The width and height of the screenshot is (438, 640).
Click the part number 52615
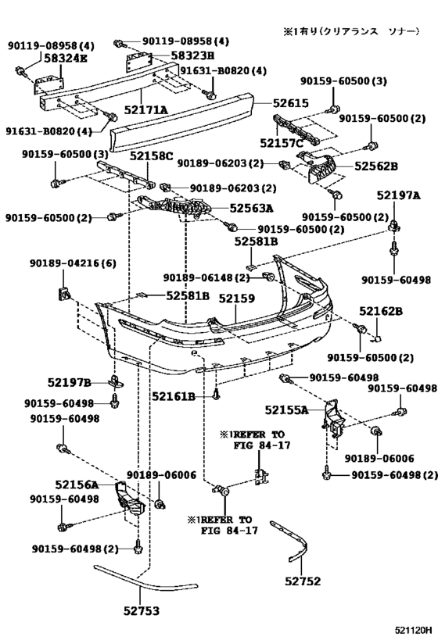pos(291,103)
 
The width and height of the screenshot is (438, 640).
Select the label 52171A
pos(149,111)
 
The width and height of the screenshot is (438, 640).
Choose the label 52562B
pos(376,166)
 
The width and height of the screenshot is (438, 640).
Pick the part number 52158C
pos(152,156)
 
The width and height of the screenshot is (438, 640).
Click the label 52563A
pos(251,209)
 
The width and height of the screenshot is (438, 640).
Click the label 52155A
pos(285,409)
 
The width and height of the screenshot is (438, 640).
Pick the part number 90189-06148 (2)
pos(206,278)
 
